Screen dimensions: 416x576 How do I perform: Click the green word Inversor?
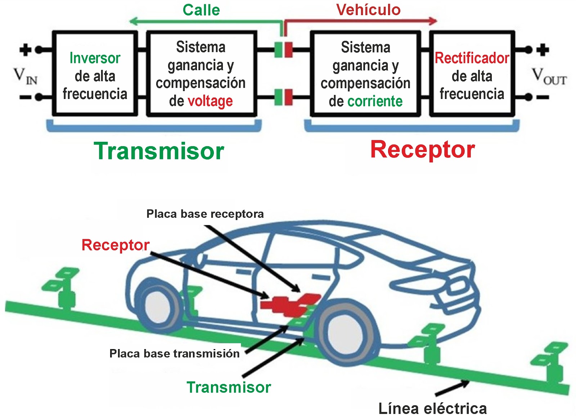coord(95,58)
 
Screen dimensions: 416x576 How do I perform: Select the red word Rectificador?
coord(472,58)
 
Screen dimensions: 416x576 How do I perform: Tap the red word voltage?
coord(210,101)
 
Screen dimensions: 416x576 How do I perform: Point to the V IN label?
coord(25,76)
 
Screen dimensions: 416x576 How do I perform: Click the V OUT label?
coord(549,77)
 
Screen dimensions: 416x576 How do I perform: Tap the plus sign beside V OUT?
coord(543,50)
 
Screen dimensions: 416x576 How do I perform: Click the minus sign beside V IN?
coord(25,97)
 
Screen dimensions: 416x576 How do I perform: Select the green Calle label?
coord(201,10)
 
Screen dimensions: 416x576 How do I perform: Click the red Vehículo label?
coord(368,10)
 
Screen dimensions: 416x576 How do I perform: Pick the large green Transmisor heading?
coord(159,151)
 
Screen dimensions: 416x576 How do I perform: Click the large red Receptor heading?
coord(423,150)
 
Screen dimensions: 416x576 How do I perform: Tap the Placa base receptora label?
coord(205,214)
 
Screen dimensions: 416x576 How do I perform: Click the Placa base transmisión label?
coord(174,353)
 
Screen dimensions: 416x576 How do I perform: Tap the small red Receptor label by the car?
coord(115,245)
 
